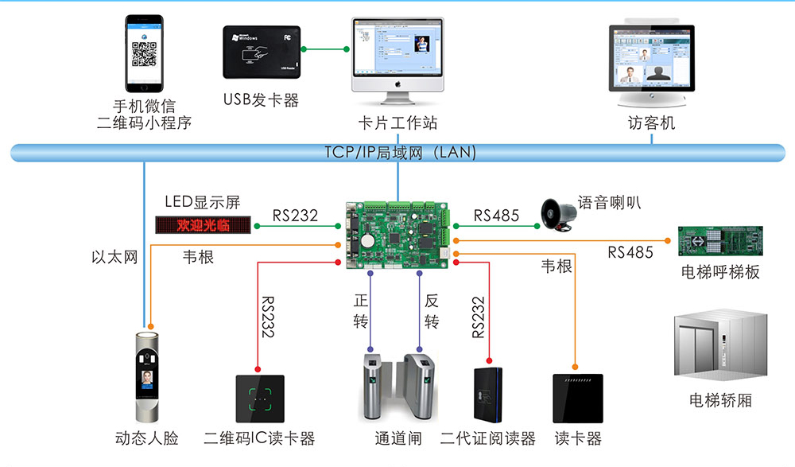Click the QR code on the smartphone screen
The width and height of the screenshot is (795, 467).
pyautogui.click(x=144, y=54)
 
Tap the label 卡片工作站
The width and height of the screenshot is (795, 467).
pyautogui.click(x=397, y=123)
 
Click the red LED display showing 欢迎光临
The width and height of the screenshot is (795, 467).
pyautogui.click(x=204, y=224)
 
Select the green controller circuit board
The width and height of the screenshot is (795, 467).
pyautogui.click(x=398, y=232)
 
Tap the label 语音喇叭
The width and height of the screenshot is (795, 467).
pyautogui.click(x=610, y=202)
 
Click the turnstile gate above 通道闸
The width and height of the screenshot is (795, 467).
pyautogui.click(x=398, y=387)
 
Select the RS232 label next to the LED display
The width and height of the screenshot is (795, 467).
pyautogui.click(x=295, y=215)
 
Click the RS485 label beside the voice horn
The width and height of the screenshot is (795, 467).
pyautogui.click(x=496, y=215)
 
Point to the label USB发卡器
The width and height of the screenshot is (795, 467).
pyautogui.click(x=261, y=100)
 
